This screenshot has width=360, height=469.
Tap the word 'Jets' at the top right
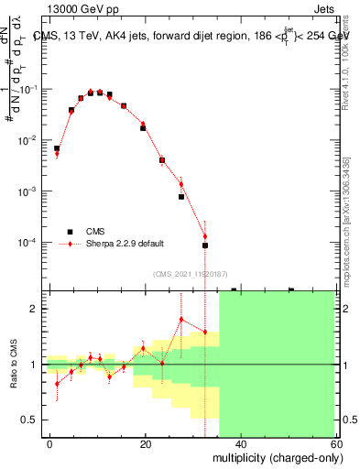pyautogui.click(x=322, y=8)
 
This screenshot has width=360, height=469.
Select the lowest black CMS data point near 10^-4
pyautogui.click(x=205, y=245)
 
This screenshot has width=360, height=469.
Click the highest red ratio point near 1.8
pyautogui.click(x=181, y=320)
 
